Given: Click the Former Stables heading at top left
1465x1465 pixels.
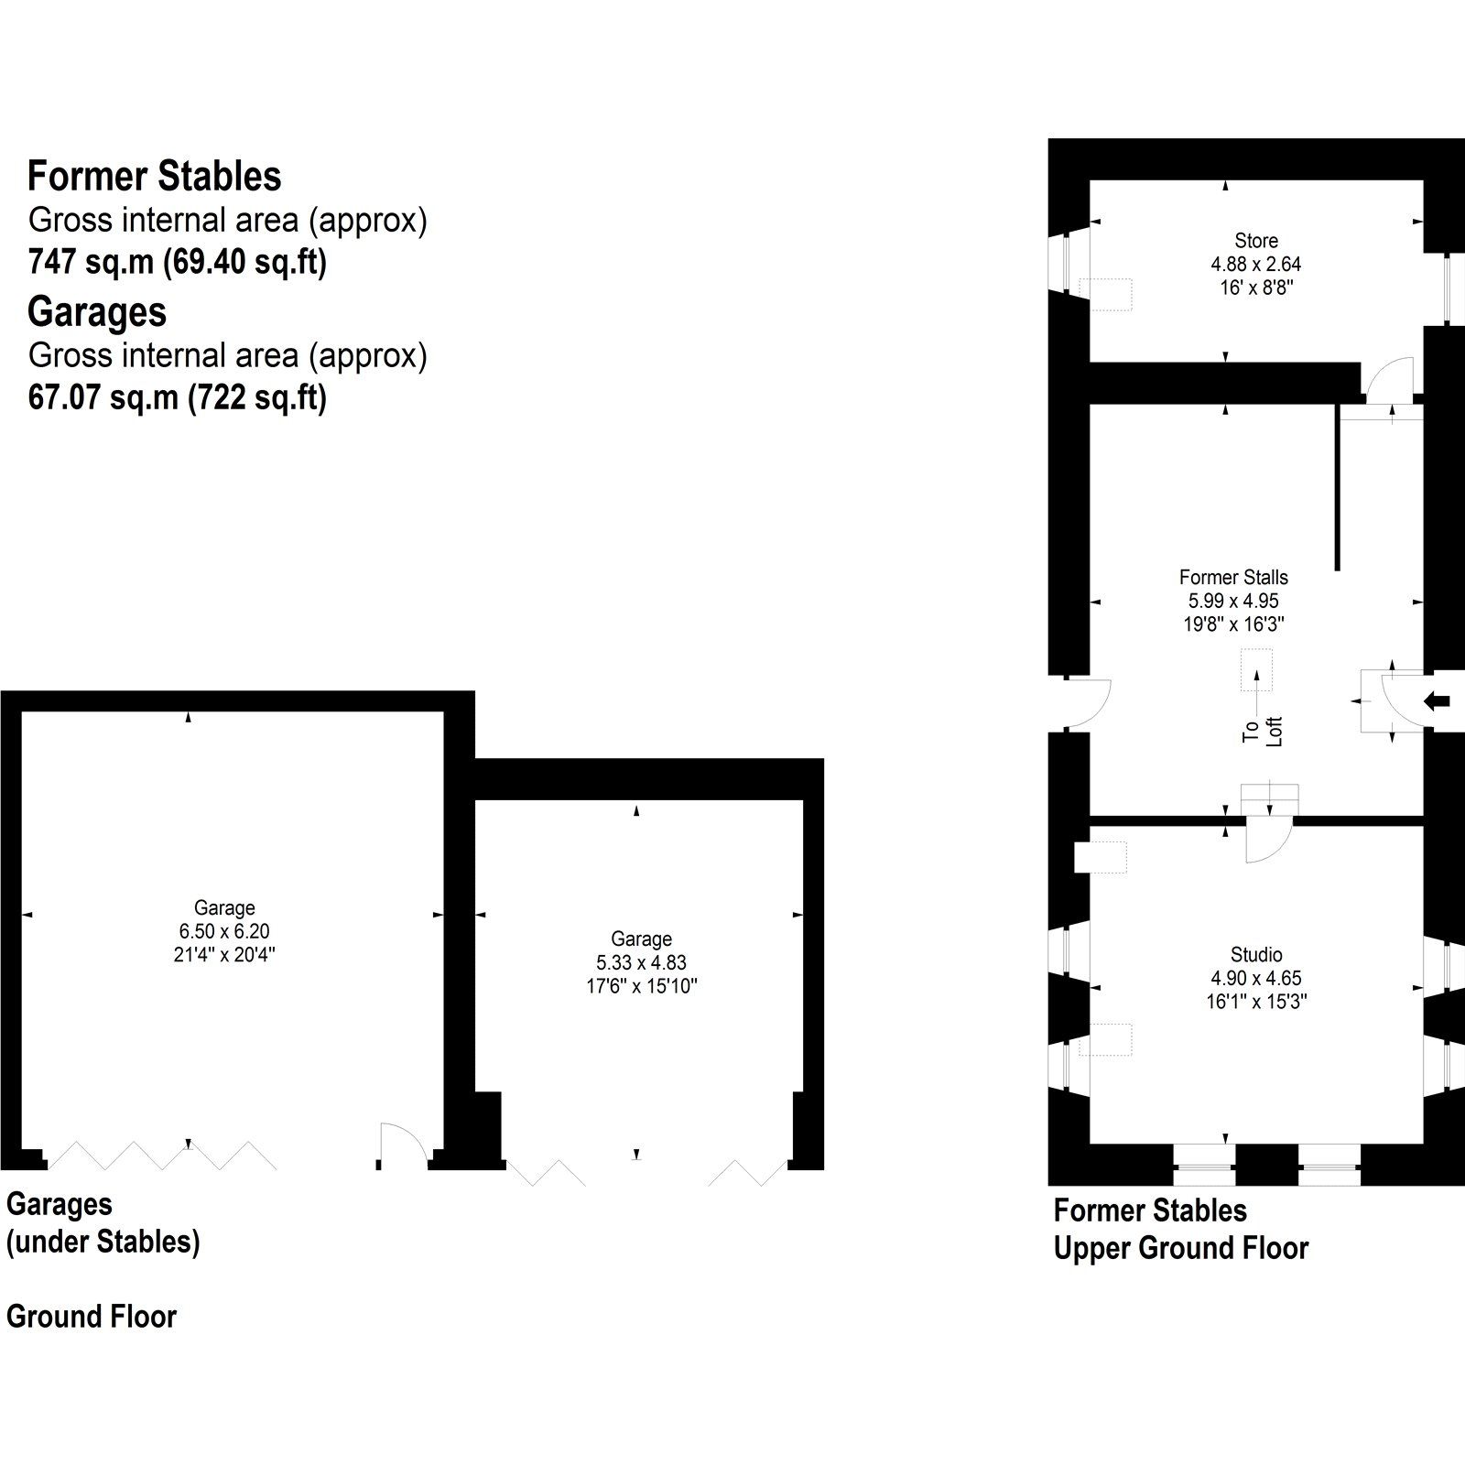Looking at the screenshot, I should (154, 176).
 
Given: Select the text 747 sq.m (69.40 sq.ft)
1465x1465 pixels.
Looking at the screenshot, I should (177, 263).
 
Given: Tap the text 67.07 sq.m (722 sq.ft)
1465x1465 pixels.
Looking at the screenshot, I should (177, 398).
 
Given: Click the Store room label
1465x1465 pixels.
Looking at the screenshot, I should (1255, 241).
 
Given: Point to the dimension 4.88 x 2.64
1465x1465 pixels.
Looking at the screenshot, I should (1255, 264).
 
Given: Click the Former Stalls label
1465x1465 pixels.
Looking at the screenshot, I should (1233, 578).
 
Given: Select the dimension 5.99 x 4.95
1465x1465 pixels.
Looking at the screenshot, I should (1233, 602).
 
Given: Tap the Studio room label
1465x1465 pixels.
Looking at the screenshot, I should (1255, 954).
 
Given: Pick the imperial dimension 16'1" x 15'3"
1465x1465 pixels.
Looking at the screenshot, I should (1255, 1002).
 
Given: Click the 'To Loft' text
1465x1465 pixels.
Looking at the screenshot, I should (1264, 730).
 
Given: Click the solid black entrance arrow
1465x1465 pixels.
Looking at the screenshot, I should (1438, 701).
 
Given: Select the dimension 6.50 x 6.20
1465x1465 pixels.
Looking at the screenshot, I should (224, 931).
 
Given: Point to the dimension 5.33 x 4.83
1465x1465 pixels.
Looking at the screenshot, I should (641, 962).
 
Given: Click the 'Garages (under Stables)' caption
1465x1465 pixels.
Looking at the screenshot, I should (103, 1223).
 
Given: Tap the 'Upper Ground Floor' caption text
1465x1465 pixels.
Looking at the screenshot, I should (1180, 1248).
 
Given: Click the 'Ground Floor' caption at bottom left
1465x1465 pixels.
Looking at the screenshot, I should (92, 1317).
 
